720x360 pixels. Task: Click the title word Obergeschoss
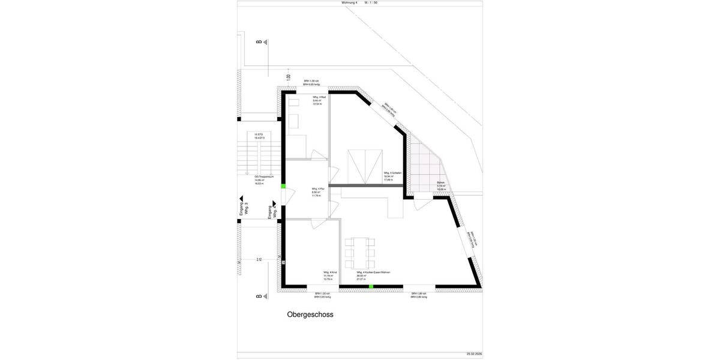310,314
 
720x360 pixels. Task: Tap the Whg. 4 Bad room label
319,100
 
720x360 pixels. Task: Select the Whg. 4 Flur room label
318,192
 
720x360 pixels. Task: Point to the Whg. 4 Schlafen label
392,176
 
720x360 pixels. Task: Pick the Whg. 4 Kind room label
329,275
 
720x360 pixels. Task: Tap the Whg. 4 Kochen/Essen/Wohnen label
373,275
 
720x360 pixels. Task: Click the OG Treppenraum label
264,180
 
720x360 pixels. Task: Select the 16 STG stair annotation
259,136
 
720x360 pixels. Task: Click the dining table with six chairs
360,253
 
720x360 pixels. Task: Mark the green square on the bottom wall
371,287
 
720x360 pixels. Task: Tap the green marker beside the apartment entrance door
283,187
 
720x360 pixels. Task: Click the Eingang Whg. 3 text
244,208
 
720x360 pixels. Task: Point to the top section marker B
260,42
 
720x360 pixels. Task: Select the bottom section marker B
260,296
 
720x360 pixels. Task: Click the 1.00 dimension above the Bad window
289,77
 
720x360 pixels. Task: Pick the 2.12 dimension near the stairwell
259,260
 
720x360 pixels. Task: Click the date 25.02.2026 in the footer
474,354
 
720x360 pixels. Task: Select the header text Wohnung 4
349,3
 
